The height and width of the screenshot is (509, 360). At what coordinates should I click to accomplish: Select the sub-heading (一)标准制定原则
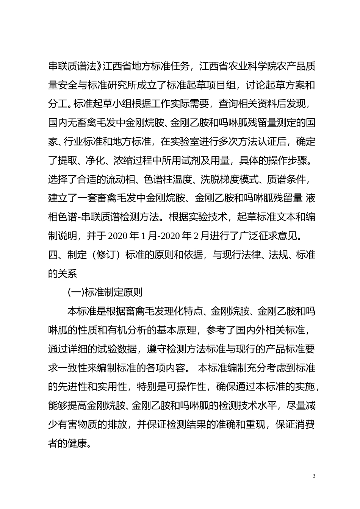coord(105,292)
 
